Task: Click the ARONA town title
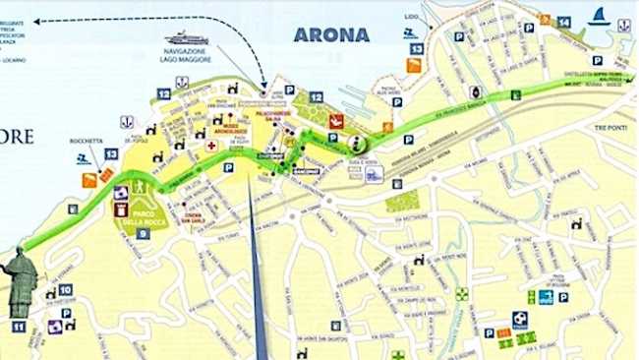click(331, 34)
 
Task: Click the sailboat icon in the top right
click(599, 16)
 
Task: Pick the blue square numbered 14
click(563, 22)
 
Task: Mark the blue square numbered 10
click(65, 290)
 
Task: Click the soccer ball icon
click(519, 319)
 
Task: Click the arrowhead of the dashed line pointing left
click(36, 20)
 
